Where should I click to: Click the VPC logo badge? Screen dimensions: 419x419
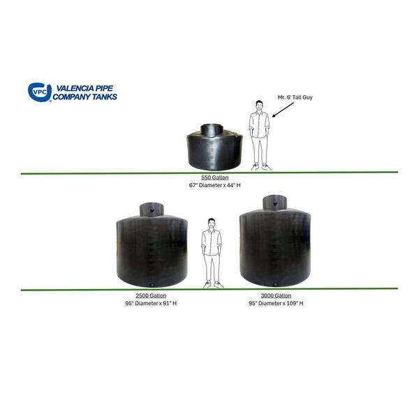tap(39, 92)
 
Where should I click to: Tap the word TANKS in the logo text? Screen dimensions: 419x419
tap(104, 96)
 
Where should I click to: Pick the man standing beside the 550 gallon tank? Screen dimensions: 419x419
tap(260, 134)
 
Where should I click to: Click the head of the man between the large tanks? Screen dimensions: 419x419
tap(211, 224)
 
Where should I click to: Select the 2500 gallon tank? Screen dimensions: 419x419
tap(151, 249)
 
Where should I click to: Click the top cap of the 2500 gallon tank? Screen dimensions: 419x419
tap(151, 208)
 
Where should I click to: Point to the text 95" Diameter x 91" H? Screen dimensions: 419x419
tap(150, 304)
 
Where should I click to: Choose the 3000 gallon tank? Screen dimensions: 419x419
tap(274, 245)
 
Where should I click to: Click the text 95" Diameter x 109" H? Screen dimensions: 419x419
tap(275, 304)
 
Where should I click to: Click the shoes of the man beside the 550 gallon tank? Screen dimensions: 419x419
tap(260, 167)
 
